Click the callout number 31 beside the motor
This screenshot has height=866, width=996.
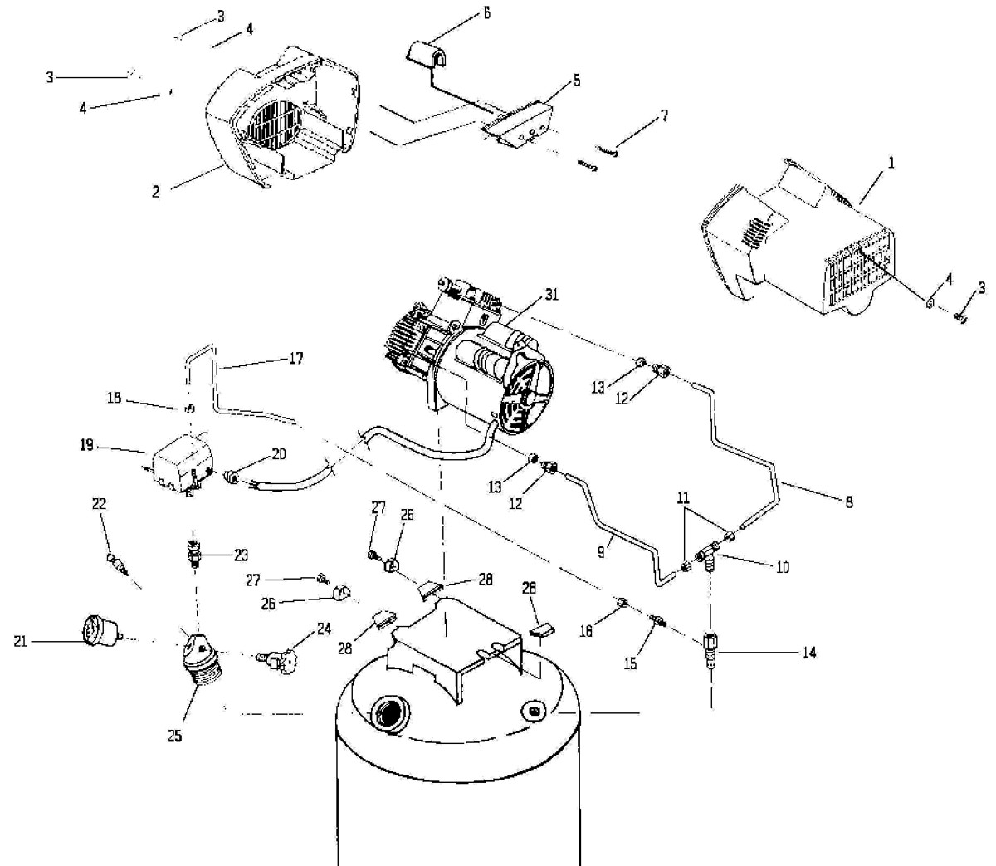[x=551, y=295]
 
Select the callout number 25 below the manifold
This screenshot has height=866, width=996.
[x=175, y=736]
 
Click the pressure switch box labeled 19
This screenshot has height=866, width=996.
[x=181, y=464]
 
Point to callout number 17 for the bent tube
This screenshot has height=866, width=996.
[x=296, y=359]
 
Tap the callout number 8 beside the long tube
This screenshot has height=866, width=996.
[x=849, y=501]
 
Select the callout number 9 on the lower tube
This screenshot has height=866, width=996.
[x=601, y=551]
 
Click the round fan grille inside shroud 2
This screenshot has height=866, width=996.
[x=276, y=125]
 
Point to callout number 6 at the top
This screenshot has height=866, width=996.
[x=487, y=12]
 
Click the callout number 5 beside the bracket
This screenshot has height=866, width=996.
[x=577, y=80]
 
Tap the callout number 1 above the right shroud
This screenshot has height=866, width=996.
[x=891, y=163]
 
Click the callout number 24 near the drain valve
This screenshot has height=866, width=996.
[x=324, y=629]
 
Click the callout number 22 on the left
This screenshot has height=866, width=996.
[x=99, y=503]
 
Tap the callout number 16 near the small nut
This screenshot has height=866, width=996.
[x=586, y=631]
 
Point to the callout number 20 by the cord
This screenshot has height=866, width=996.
[x=278, y=453]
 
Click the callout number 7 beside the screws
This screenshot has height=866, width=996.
[x=664, y=115]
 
